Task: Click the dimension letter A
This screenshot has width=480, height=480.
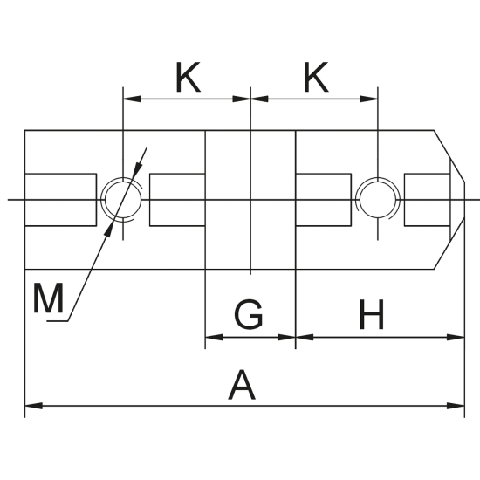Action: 242,385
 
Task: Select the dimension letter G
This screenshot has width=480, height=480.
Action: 249,315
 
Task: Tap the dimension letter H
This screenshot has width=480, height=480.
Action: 372,315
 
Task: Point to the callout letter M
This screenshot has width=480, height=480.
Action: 49,299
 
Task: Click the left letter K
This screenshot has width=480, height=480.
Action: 188,79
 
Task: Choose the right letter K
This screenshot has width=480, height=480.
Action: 315,79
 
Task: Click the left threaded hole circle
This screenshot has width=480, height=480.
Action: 122,199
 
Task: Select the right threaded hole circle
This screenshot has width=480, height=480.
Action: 376,199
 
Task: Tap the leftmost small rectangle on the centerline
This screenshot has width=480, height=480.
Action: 60,200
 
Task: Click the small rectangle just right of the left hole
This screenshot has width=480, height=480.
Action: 177,200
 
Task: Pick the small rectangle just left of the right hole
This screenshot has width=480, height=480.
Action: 322,200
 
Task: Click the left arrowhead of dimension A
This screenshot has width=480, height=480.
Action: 31,405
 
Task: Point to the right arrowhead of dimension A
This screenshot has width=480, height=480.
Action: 457,405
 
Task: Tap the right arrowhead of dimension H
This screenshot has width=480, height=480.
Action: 457,337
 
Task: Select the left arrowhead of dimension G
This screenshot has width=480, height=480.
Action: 211,337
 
